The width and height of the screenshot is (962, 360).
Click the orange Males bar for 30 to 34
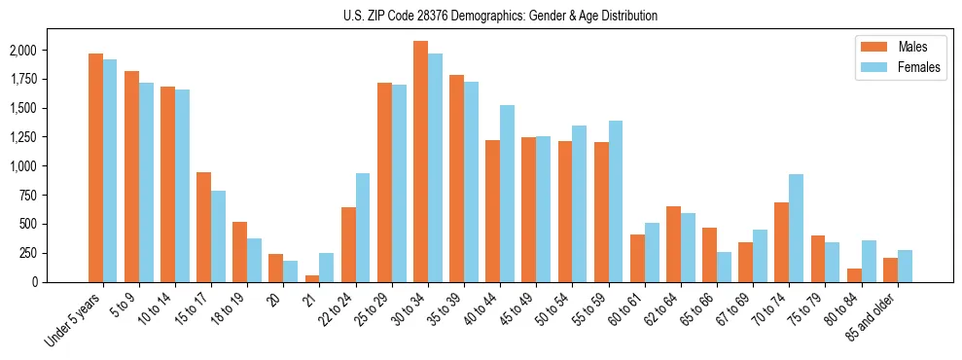coord(420,162)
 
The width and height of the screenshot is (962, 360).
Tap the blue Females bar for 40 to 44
coord(507,194)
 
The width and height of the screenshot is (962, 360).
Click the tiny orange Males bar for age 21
coord(312,278)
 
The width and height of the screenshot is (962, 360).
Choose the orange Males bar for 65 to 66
coord(709,255)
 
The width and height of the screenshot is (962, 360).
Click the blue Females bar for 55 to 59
coord(615,201)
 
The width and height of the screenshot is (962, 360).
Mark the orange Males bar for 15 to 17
coord(203,227)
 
